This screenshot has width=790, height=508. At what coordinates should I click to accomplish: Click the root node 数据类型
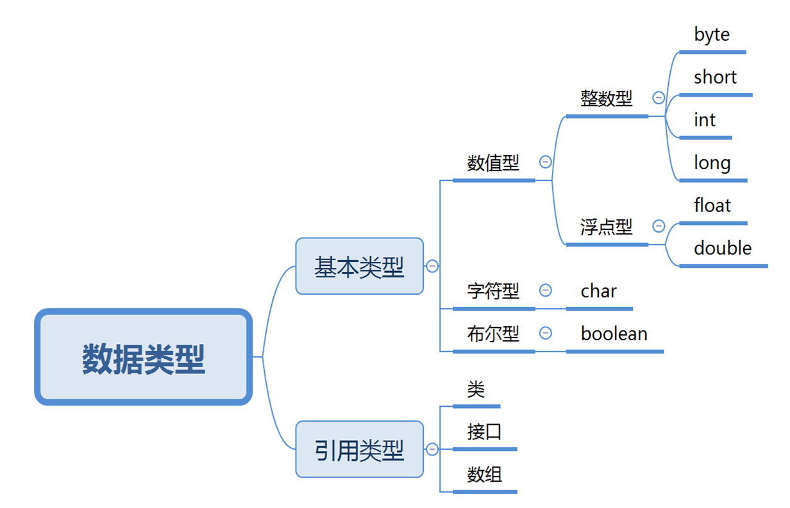143,357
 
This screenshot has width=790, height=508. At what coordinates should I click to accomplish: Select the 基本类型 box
359,266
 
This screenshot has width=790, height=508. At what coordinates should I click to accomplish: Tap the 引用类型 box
359,450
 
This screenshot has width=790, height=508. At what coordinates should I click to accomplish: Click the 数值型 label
493,163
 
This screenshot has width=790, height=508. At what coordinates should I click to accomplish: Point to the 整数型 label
606,98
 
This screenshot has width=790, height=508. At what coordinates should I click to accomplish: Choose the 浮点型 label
606,227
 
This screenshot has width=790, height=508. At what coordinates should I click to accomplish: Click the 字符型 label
493,291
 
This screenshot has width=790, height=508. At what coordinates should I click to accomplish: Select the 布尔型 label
493,333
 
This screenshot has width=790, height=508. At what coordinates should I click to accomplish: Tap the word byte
712,35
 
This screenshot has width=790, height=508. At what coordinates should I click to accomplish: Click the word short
715,78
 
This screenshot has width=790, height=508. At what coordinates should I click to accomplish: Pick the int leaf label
704,120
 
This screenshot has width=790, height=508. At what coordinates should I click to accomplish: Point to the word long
712,163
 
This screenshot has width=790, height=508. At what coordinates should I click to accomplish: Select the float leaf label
712,206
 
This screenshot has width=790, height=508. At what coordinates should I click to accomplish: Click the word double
723,248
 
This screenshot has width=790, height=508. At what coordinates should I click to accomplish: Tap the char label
598,291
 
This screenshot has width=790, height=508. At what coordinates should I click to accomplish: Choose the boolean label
614,333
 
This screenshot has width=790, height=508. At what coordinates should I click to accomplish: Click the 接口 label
484,432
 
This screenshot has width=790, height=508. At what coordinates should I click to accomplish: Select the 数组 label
484,475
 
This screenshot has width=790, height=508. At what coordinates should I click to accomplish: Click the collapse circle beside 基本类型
432,266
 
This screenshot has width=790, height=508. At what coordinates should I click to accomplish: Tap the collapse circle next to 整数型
659,97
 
